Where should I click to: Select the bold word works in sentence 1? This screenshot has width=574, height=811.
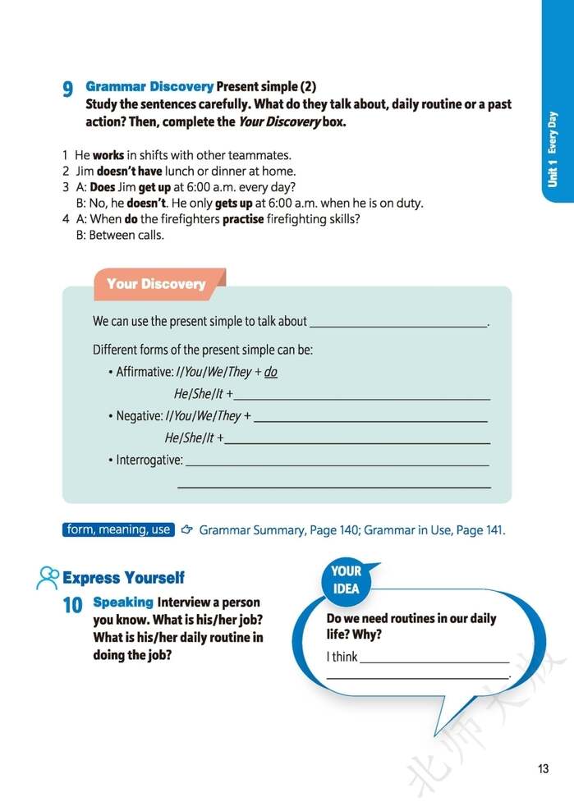[108, 154]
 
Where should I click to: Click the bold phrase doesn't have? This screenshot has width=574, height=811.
[124, 171]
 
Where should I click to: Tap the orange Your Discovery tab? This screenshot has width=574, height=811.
[156, 284]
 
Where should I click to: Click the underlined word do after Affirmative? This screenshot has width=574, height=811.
[270, 372]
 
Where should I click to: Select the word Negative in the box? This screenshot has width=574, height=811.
[139, 416]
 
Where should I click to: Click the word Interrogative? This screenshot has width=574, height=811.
[149, 460]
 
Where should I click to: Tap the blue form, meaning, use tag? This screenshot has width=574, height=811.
[118, 529]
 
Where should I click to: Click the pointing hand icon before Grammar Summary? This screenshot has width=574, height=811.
[186, 529]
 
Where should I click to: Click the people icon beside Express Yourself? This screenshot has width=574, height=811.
[48, 577]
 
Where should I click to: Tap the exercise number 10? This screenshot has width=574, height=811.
[72, 606]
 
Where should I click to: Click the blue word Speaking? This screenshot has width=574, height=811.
[123, 602]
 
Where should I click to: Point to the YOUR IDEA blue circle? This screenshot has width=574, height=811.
[346, 580]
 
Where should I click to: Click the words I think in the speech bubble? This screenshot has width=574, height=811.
[342, 657]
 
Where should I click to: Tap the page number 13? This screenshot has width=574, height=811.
[542, 768]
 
